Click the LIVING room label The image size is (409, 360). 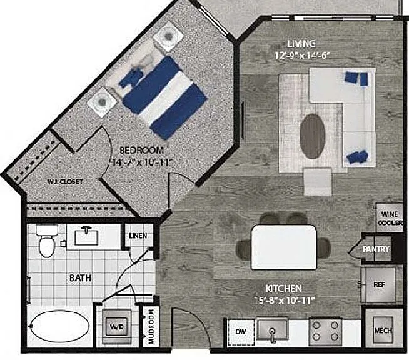tap(301, 44)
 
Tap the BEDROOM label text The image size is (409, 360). tap(141, 151)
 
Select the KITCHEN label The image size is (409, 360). tap(283, 289)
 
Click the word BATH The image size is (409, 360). tap(80, 278)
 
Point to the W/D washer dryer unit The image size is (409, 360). tap(116, 326)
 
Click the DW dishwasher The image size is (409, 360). tap(241, 332)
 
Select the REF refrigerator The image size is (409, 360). tap(379, 284)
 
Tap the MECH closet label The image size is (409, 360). tap(383, 331)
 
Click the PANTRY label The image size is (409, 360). tap(376, 249)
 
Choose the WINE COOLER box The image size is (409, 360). tap(390, 218)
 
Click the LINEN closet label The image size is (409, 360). tap(138, 236)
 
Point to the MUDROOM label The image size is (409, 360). tap(151, 327)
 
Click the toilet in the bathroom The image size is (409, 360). tap(47, 241)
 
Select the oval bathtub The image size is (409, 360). tap(60, 326)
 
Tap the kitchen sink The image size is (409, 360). tap(272, 330)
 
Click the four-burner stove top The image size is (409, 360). tap(325, 332)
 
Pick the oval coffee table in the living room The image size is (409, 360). tap(312, 136)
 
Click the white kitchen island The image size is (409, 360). tap(284, 247)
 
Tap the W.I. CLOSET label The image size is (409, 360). tap(65, 182)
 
